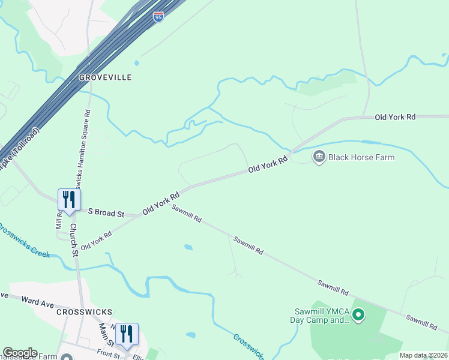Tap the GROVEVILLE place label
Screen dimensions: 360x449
coord(105,78)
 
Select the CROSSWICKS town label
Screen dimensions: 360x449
coord(85,312)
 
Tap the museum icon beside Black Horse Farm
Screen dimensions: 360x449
coord(319,157)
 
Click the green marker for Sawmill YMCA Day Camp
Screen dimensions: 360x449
coord(358,314)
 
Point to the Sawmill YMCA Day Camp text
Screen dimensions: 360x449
coord(321,316)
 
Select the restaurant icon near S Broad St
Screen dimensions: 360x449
coord(69,200)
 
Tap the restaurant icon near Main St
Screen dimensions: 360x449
coord(127,334)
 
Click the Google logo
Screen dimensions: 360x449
coord(20,353)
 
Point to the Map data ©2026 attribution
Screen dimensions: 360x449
coord(423,355)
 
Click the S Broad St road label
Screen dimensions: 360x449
coord(106,213)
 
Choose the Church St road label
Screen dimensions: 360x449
coord(73,239)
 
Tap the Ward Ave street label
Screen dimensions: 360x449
coord(38,301)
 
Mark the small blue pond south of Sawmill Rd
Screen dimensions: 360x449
coord(188,247)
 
